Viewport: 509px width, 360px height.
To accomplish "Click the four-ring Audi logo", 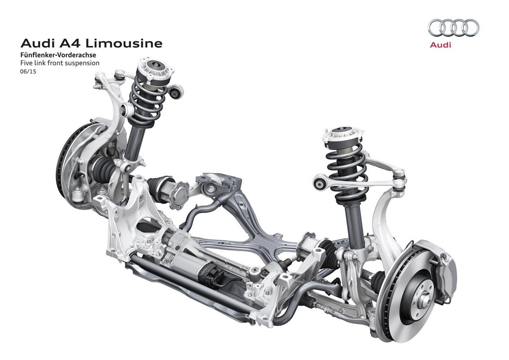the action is click(453, 27).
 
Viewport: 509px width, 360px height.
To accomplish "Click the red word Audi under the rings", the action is click(440, 45).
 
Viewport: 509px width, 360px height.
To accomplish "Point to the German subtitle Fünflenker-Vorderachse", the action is click(58, 55).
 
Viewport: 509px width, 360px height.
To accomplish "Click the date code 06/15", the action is click(28, 71).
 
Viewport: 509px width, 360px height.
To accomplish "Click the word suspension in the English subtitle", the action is click(82, 63).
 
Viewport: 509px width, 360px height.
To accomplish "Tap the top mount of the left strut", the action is click(155, 69).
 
